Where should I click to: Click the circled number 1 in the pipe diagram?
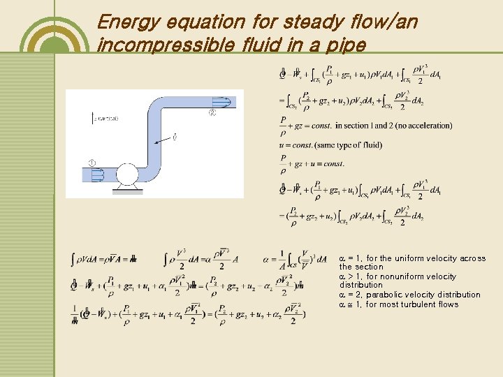click(92, 163)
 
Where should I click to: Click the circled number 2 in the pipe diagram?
click(212, 113)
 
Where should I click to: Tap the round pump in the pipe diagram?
click(128, 175)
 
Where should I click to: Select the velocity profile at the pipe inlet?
click(97, 174)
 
